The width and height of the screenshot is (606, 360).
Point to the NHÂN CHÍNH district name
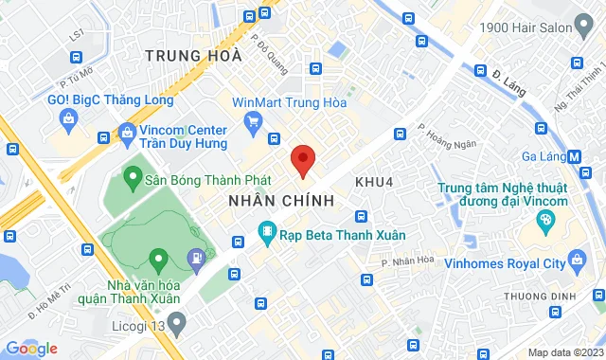281,201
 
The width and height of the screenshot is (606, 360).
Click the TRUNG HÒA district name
193,57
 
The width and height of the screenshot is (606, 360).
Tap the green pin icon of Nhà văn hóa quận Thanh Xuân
158,257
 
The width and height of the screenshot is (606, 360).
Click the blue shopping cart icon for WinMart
253,120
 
